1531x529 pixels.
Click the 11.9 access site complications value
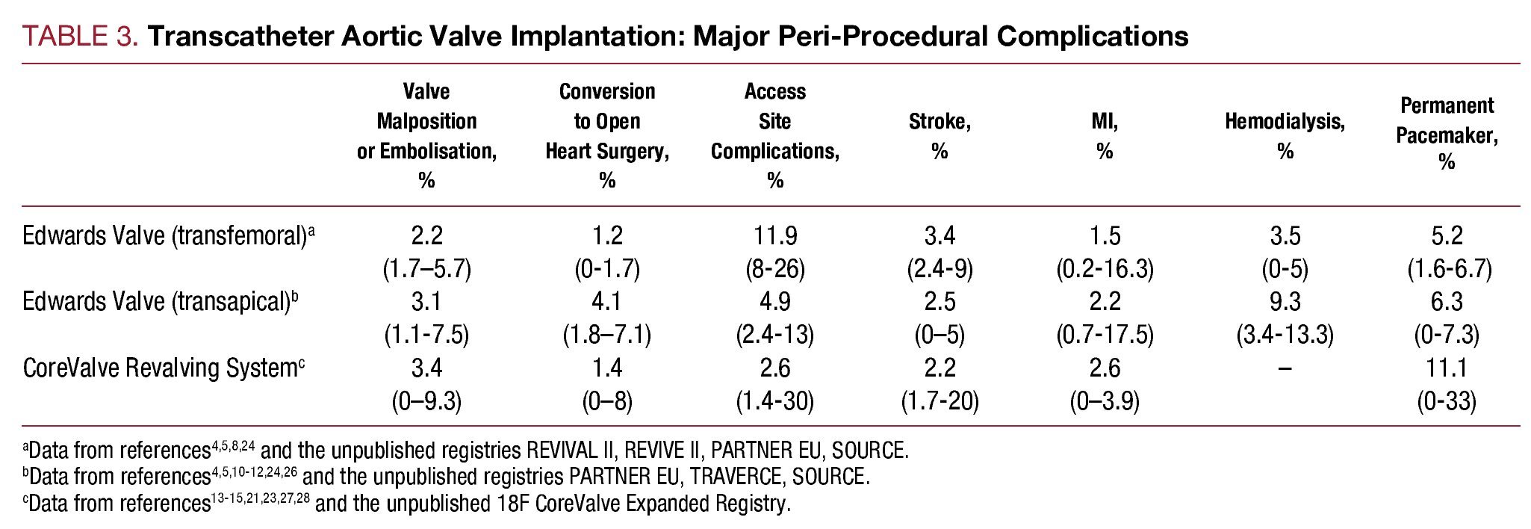coord(774,236)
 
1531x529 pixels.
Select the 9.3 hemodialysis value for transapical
coord(1285,302)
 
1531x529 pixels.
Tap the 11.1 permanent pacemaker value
coord(1447,368)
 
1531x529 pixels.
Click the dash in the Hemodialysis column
coord(1285,368)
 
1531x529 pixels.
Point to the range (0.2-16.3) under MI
coord(1105,269)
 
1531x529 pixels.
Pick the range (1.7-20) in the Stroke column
coord(940,401)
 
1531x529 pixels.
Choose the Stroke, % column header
coord(940,136)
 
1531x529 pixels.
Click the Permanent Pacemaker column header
coord(1447,134)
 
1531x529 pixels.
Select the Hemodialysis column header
coord(1285,136)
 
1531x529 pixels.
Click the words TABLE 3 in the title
coord(79,36)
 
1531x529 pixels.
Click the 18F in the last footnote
coord(513,503)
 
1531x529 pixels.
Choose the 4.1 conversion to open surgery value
coord(606,302)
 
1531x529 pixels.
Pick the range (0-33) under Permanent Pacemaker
coord(1447,401)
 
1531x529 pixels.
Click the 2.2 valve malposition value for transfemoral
coord(426,236)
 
